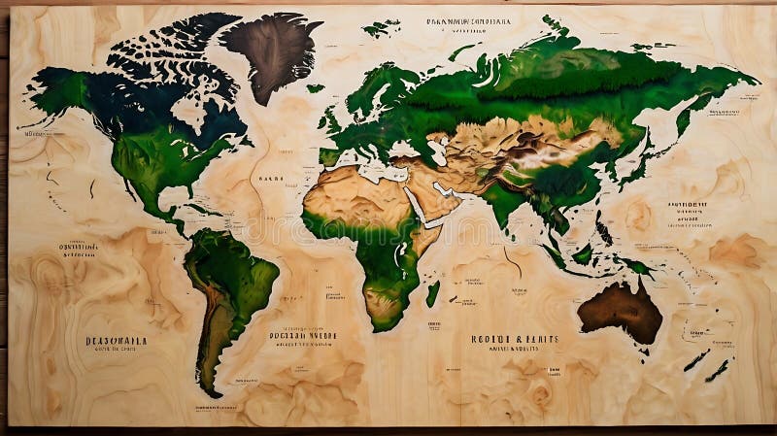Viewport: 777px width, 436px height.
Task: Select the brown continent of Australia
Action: pyautogui.click(x=622, y=310)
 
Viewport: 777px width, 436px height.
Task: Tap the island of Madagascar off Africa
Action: pyautogui.click(x=432, y=292)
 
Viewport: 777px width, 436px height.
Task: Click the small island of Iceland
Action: pyautogui.click(x=316, y=88)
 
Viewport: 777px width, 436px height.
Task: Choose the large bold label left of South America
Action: pyautogui.click(x=116, y=341)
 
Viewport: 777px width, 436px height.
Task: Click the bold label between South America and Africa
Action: pyautogui.click(x=302, y=335)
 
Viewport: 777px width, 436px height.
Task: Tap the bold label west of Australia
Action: pyautogui.click(x=514, y=339)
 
